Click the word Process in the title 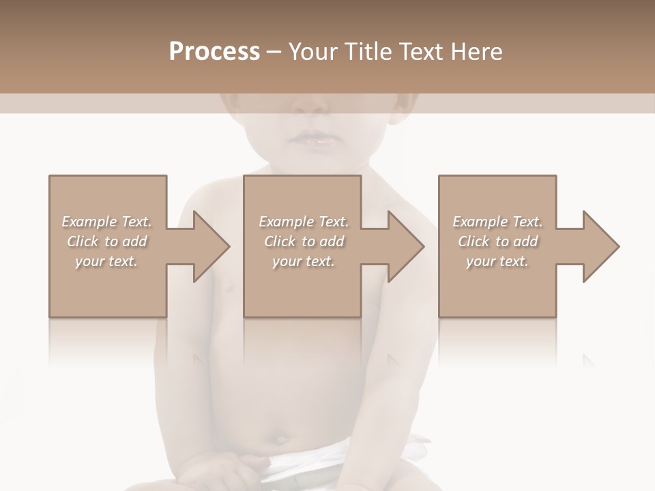point(214,52)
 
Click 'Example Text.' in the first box point(106,222)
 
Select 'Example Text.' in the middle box point(304,222)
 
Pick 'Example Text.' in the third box point(497,222)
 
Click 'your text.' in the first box point(106,261)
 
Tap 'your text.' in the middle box point(304,261)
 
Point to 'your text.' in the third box point(497,261)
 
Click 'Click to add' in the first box point(106,241)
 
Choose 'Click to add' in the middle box point(304,241)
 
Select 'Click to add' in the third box point(497,241)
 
